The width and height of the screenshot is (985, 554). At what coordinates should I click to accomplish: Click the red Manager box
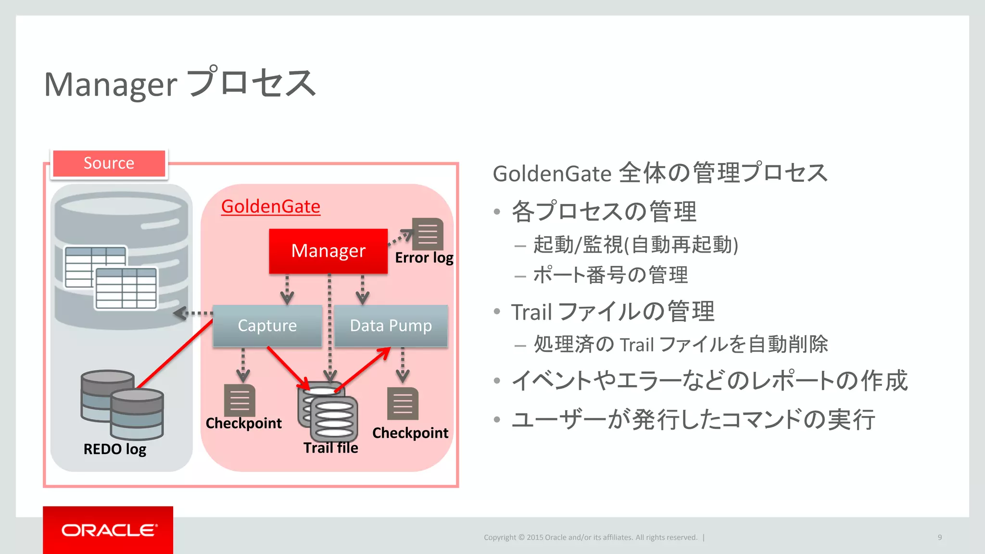pyautogui.click(x=328, y=251)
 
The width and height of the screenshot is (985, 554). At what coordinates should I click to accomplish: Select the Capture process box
pyautogui.click(x=267, y=326)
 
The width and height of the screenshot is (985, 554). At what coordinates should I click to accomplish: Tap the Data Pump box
pyautogui.click(x=391, y=326)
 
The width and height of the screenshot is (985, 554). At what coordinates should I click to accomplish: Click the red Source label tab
pyautogui.click(x=109, y=163)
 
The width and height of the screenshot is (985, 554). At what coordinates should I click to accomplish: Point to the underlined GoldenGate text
pyautogui.click(x=270, y=206)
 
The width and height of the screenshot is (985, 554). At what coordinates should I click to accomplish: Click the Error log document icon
pyautogui.click(x=428, y=234)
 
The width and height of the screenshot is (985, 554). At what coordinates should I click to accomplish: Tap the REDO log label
pyautogui.click(x=114, y=449)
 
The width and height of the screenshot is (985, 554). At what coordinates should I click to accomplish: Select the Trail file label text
pyautogui.click(x=330, y=448)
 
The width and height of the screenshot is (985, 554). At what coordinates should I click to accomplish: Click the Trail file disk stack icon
pyautogui.click(x=328, y=412)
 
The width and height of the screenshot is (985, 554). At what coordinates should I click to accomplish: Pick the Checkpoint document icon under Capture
pyautogui.click(x=240, y=400)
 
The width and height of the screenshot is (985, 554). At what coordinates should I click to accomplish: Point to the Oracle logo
pyautogui.click(x=108, y=530)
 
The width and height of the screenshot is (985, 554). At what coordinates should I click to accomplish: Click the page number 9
pyautogui.click(x=939, y=537)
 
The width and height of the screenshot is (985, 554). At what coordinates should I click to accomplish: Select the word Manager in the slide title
pyautogui.click(x=111, y=85)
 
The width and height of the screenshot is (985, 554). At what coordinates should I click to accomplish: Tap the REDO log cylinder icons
pyautogui.click(x=122, y=404)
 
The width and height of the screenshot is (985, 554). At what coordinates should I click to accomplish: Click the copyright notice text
pyautogui.click(x=590, y=537)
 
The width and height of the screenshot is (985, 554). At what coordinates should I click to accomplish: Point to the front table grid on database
pyautogui.click(x=126, y=288)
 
